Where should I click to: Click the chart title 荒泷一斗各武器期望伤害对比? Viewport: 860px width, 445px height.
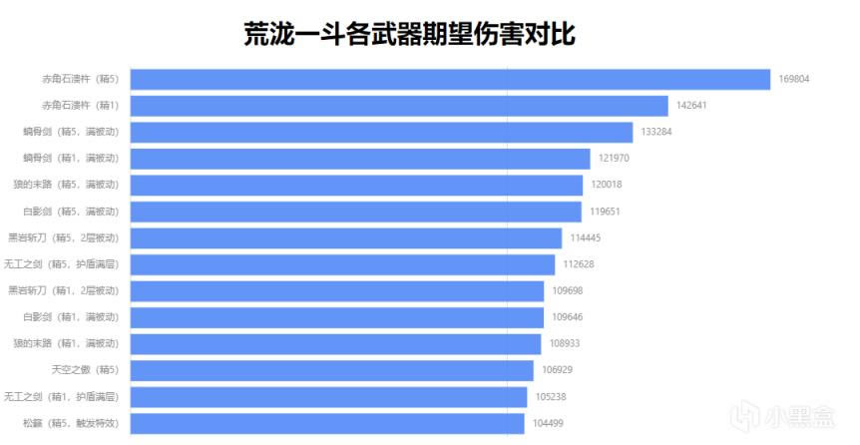click(x=409, y=35)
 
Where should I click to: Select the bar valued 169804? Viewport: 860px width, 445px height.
click(x=450, y=79)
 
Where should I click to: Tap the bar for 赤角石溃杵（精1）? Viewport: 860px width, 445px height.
click(x=399, y=106)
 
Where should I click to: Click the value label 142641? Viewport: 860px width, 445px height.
click(x=690, y=106)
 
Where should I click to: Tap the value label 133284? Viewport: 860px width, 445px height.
click(x=655, y=132)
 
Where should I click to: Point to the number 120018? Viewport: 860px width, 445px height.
click(x=605, y=185)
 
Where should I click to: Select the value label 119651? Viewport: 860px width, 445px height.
click(x=604, y=212)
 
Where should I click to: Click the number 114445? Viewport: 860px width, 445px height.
click(x=585, y=237)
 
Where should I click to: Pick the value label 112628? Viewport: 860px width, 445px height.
click(x=578, y=264)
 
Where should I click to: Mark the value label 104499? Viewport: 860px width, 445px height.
click(x=547, y=423)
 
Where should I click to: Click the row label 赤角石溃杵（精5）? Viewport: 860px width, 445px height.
click(x=80, y=79)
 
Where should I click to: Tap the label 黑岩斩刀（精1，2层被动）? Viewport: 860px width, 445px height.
click(x=64, y=290)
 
